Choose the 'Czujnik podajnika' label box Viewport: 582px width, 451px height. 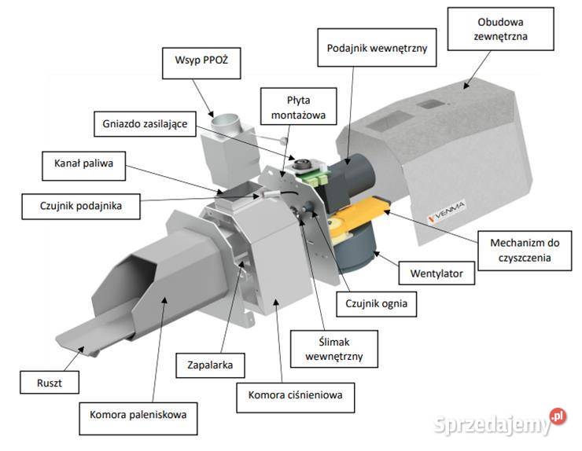[79, 207]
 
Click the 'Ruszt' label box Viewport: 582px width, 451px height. [49, 383]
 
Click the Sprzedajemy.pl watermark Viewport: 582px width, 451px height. [499, 424]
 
